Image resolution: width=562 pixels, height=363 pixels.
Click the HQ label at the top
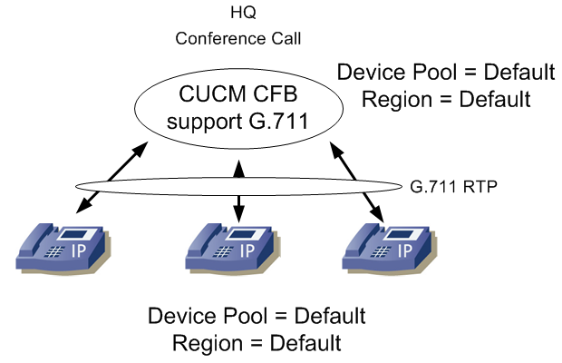[x=238, y=16]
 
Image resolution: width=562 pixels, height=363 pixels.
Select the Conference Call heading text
[x=238, y=38]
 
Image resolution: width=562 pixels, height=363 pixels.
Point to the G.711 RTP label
[x=451, y=187]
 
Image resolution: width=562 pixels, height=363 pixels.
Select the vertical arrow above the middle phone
[x=238, y=191]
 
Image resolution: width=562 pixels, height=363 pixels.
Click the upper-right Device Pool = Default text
[x=445, y=71]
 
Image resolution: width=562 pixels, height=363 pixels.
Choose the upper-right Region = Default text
[x=445, y=98]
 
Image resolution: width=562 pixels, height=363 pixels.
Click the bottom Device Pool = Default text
[x=257, y=317]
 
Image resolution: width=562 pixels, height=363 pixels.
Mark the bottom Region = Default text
[x=257, y=344]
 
